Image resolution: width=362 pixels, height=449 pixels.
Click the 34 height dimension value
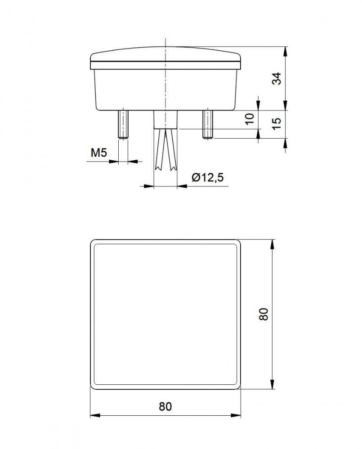(x=278, y=79)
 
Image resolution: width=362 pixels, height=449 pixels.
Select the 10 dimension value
(x=250, y=119)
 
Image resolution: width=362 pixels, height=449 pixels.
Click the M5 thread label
(x=98, y=153)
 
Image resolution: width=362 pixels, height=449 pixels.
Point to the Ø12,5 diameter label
(x=207, y=178)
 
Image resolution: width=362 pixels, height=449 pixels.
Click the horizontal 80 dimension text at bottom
(x=165, y=406)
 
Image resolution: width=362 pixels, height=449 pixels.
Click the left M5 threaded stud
(x=123, y=124)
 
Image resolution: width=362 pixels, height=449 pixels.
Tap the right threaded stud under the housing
(x=207, y=124)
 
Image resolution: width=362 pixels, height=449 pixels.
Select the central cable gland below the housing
(x=165, y=119)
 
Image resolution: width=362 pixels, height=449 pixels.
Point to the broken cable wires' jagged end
(x=165, y=168)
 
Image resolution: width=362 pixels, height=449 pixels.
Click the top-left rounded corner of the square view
(x=93, y=242)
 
